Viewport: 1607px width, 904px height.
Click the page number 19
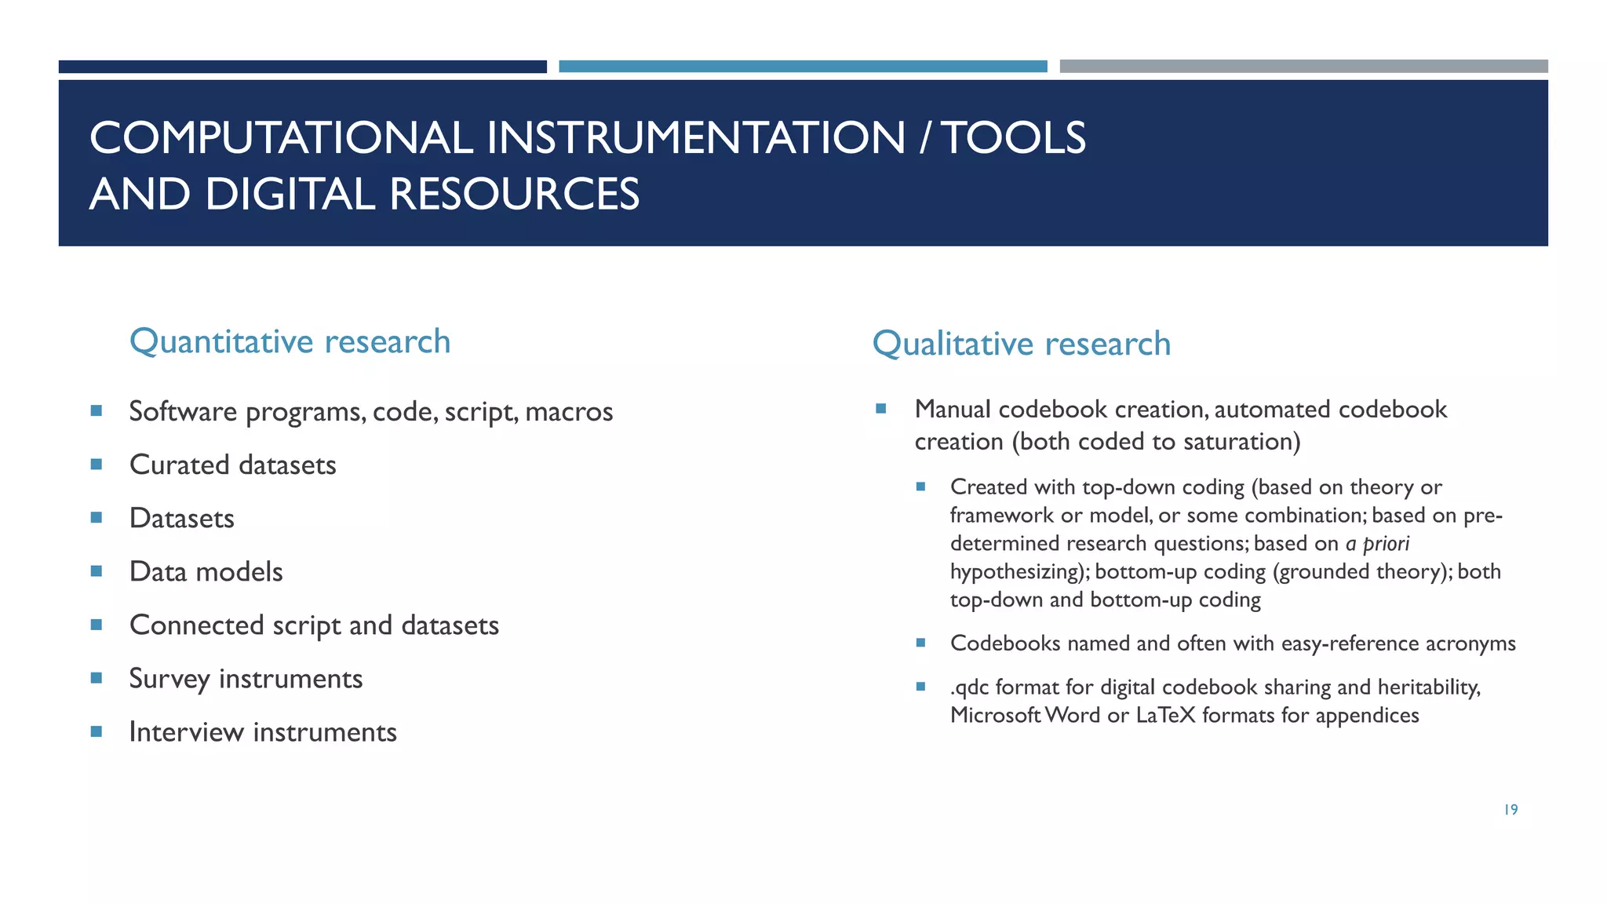[x=1510, y=810]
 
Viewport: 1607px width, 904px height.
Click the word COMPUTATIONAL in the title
[x=281, y=138]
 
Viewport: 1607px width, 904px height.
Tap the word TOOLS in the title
[x=1013, y=138]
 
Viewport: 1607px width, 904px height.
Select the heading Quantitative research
[x=290, y=341]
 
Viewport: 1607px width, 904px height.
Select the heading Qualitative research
[x=1021, y=344]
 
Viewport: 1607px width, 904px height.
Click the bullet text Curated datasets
[x=232, y=465]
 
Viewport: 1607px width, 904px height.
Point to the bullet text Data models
[x=206, y=571]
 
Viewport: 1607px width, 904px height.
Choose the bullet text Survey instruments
[x=246, y=678]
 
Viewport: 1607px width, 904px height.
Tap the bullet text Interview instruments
[x=263, y=731]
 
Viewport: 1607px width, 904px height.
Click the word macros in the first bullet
[x=569, y=411]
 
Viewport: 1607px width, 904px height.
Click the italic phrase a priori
[x=1377, y=543]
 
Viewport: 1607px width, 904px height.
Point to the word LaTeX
[x=1165, y=715]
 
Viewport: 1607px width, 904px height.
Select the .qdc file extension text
[x=970, y=687]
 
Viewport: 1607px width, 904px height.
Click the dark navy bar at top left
[x=302, y=67]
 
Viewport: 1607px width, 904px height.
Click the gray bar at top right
[x=1303, y=67]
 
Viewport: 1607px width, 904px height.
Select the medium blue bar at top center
[x=803, y=67]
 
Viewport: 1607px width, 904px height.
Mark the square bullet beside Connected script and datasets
[x=97, y=625]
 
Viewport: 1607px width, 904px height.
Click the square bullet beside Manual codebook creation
[x=881, y=408]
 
